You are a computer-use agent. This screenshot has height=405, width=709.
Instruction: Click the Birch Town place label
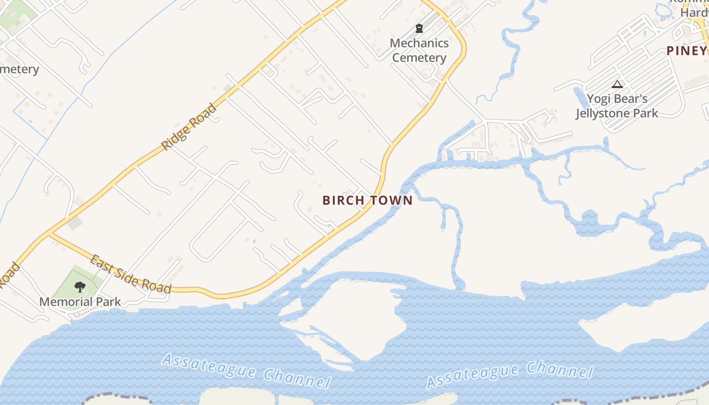[368, 200]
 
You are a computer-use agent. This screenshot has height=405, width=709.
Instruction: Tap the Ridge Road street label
[189, 127]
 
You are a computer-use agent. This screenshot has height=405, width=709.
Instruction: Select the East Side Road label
[130, 274]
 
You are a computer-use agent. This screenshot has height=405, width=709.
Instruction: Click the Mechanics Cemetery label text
[419, 50]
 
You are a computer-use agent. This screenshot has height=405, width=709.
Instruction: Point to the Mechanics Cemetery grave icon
[419, 28]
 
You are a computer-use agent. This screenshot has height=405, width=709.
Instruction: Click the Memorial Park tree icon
[80, 287]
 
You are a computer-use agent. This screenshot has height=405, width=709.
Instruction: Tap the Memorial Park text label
[80, 302]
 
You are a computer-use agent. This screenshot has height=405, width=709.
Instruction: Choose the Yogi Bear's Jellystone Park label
[617, 106]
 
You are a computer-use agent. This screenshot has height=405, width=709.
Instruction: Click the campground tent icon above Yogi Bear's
[617, 84]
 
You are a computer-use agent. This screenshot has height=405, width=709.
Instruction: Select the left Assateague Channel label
[246, 371]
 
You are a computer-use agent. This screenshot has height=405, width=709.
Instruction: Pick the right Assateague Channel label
[509, 375]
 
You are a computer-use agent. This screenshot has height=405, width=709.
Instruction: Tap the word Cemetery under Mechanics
[419, 58]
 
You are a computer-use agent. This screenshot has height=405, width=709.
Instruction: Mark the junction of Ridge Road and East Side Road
[50, 233]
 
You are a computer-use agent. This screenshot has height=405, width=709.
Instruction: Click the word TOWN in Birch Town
[390, 200]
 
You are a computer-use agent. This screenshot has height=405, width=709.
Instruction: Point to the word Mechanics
[419, 43]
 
